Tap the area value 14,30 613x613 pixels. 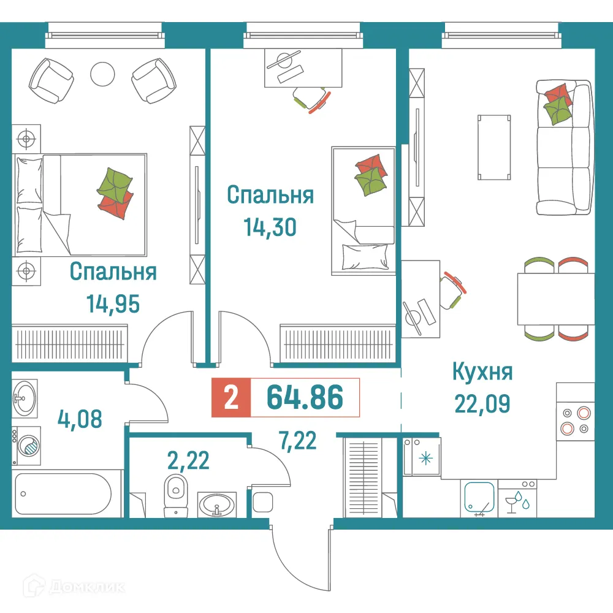[270, 227]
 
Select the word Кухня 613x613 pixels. [482, 371]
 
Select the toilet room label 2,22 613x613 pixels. [188, 459]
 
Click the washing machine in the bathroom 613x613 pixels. [27, 444]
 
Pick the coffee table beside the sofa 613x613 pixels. [494, 147]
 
